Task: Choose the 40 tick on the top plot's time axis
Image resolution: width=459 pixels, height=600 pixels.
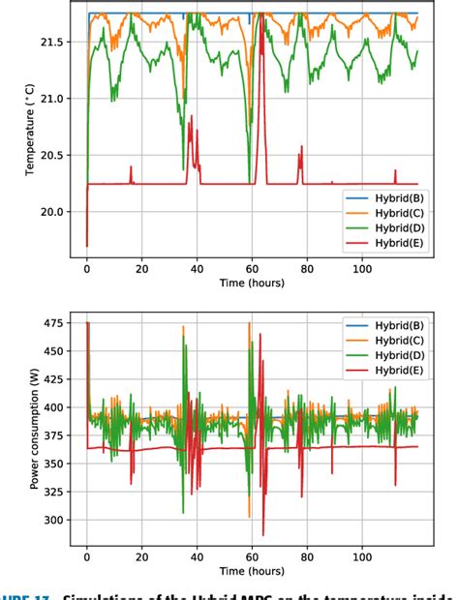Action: coord(198,267)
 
